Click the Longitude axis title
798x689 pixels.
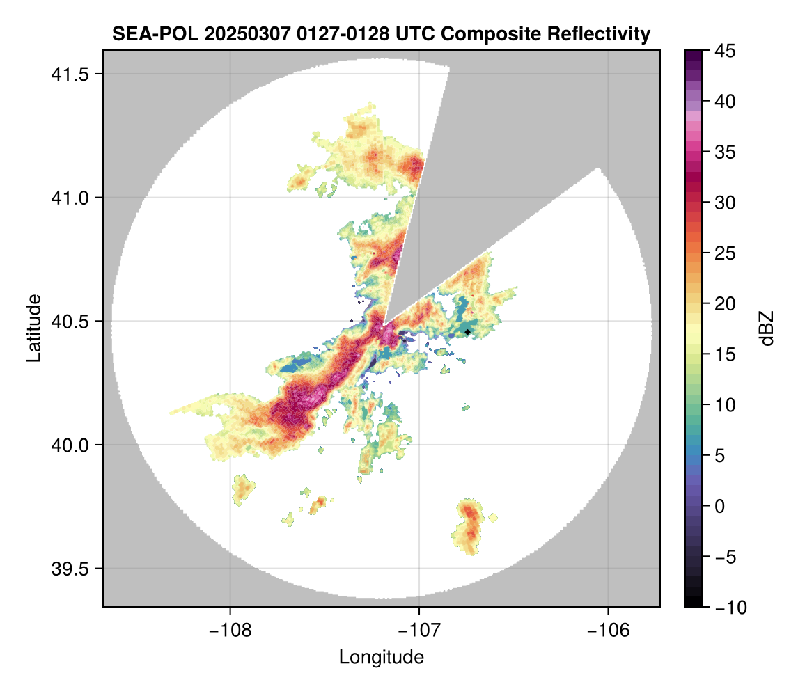381,656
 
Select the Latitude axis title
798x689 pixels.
33,328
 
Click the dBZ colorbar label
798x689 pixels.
767,328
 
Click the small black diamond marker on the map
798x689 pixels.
468,332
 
